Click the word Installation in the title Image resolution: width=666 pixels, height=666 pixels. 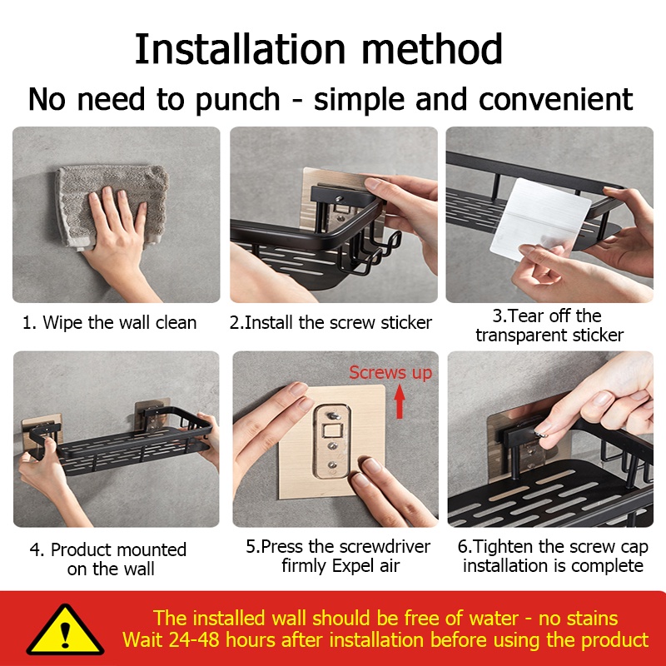(x=240, y=49)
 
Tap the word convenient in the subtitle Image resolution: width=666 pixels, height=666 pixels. (x=555, y=99)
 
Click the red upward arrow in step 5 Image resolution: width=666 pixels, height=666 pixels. (x=400, y=401)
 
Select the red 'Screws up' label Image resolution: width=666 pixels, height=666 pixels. (x=390, y=372)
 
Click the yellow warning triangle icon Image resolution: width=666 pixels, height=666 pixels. (x=65, y=630)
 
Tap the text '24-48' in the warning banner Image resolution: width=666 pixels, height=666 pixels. (x=195, y=639)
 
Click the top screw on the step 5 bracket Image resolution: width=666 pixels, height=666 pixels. (x=334, y=415)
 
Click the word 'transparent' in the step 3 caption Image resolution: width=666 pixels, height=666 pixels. (x=522, y=335)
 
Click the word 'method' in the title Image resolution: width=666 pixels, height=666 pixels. (x=432, y=49)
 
